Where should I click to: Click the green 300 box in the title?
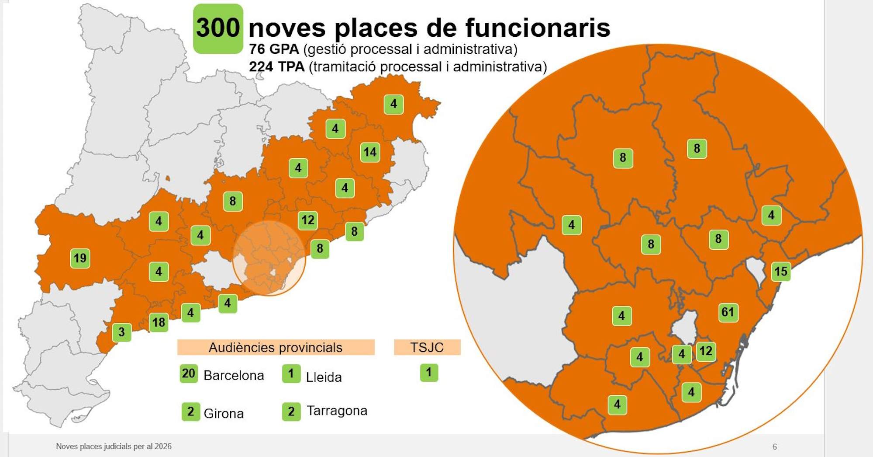click(x=218, y=28)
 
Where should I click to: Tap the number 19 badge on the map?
click(x=80, y=258)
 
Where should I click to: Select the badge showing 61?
click(x=728, y=312)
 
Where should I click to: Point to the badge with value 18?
click(x=159, y=323)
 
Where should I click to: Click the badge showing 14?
click(x=370, y=152)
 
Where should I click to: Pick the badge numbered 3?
click(x=121, y=332)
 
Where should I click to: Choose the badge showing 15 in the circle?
click(x=780, y=272)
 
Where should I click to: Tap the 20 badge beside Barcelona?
click(x=189, y=373)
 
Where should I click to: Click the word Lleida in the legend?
click(x=324, y=377)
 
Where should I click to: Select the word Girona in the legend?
click(x=224, y=413)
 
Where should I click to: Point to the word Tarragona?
click(x=337, y=411)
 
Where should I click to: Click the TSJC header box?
click(x=427, y=347)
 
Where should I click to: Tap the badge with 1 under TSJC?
click(x=429, y=373)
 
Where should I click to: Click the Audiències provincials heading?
click(x=276, y=347)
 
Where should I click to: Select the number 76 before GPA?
click(x=256, y=49)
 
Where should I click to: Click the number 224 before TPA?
click(x=261, y=67)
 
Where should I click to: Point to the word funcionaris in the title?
click(x=537, y=28)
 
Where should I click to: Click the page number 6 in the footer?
click(x=775, y=447)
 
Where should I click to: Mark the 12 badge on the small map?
click(x=308, y=220)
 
